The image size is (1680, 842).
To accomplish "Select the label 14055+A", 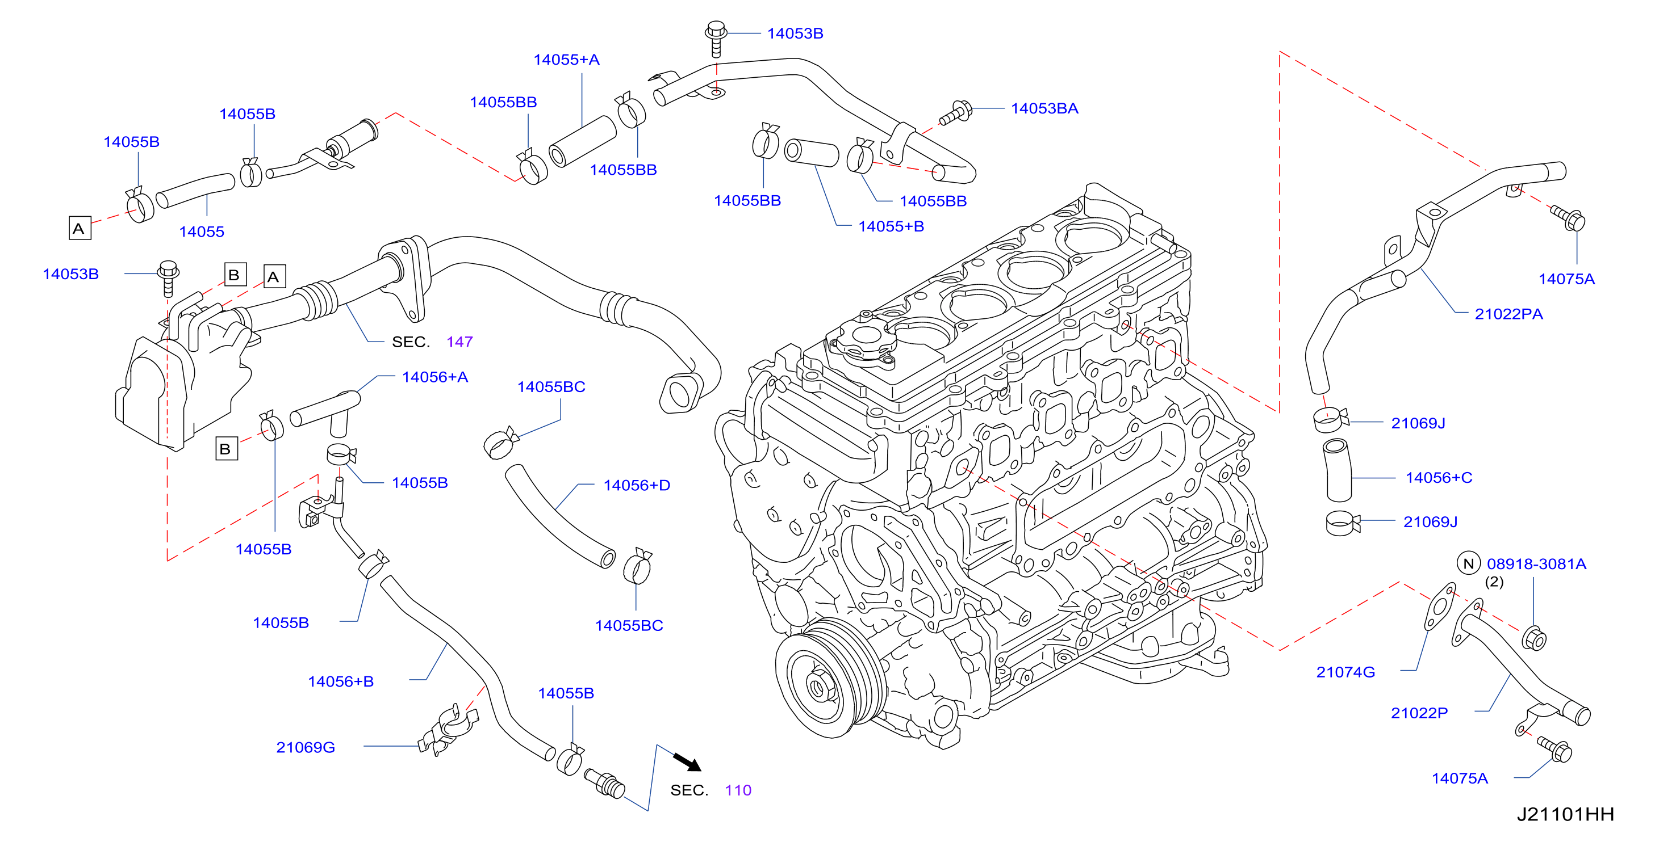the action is [566, 60].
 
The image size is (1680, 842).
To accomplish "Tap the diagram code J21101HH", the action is [1565, 814].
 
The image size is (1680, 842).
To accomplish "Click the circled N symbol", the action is [1469, 564].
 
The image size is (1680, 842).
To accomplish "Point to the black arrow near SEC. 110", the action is [687, 762].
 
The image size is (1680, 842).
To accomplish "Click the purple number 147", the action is [460, 342].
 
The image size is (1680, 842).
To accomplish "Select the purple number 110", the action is [738, 790].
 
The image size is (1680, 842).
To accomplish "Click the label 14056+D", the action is [637, 485].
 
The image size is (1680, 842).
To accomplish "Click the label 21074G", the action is [1345, 672].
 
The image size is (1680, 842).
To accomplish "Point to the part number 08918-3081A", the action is [1536, 564].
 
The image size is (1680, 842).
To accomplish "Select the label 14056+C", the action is [1439, 478].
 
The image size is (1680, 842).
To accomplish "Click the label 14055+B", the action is [891, 226].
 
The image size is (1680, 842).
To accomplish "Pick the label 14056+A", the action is [435, 377].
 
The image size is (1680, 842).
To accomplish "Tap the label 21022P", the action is [1419, 713].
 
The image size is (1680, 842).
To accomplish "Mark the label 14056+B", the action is [340, 681].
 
